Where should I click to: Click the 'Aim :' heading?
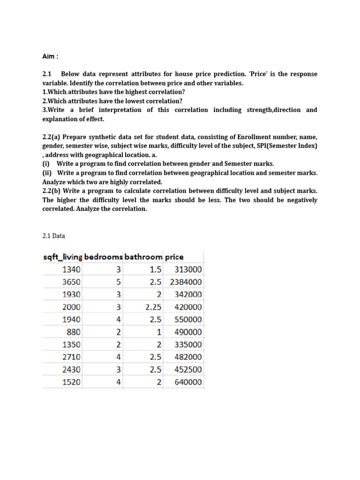click(51, 57)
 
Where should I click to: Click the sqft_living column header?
click(62, 257)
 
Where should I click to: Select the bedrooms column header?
click(104, 257)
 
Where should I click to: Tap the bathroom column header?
click(143, 257)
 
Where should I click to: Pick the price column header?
click(174, 257)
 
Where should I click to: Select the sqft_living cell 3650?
click(71, 282)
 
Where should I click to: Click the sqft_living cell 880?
click(74, 332)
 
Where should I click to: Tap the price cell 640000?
click(188, 382)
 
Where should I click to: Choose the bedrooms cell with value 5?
click(119, 282)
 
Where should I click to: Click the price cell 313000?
click(188, 270)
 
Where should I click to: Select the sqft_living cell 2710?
click(71, 357)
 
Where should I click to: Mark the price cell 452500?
click(188, 369)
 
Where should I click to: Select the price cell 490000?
click(188, 332)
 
